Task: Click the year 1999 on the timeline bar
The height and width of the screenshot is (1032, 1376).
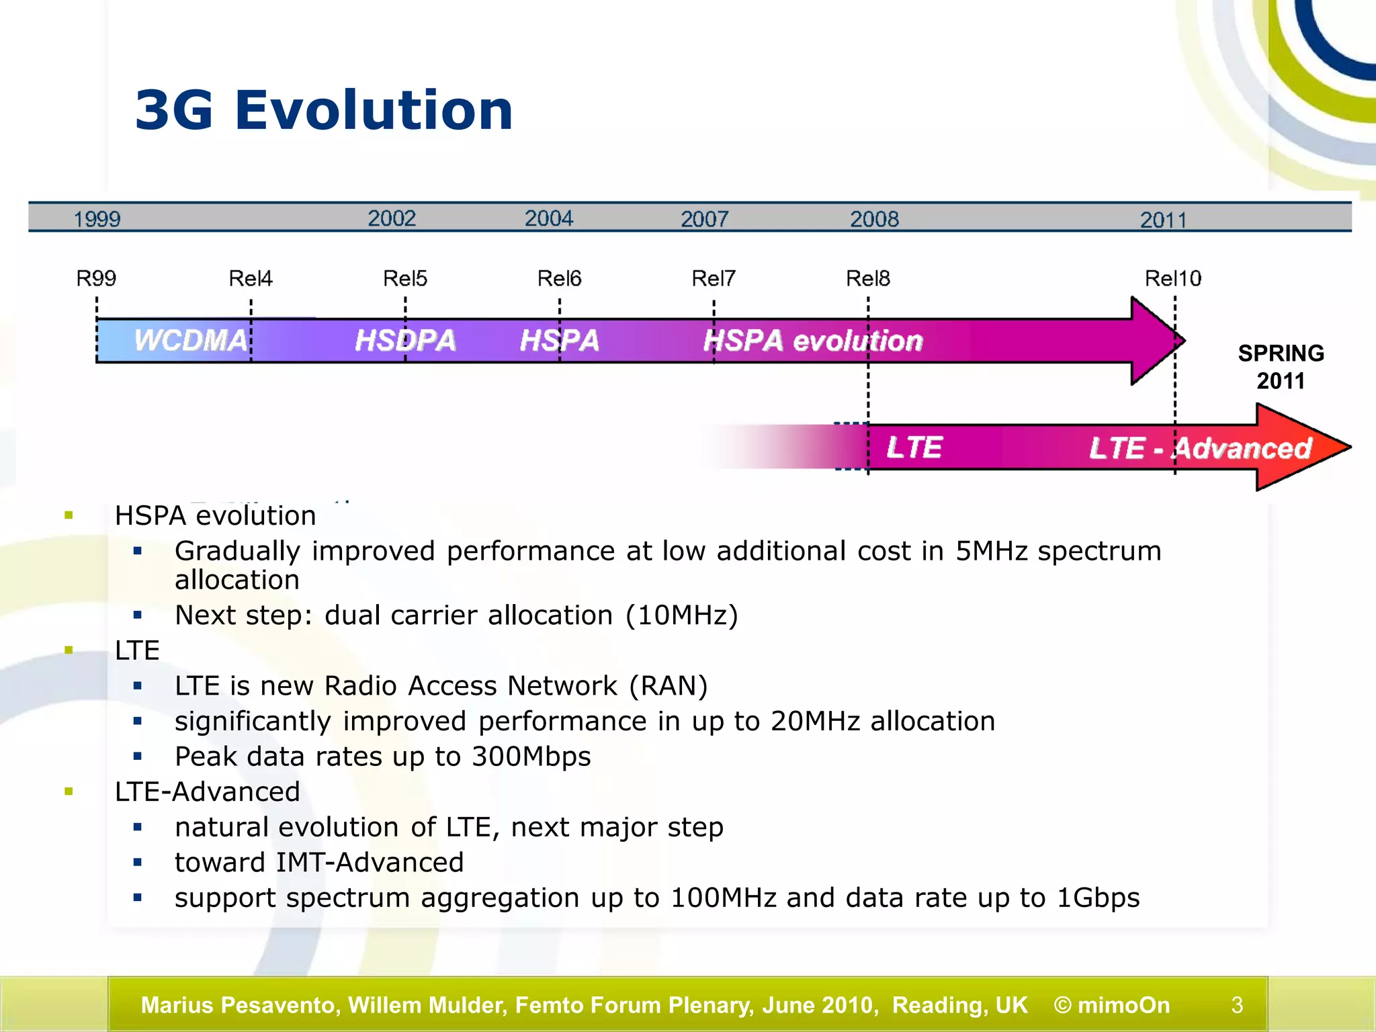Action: click(x=97, y=219)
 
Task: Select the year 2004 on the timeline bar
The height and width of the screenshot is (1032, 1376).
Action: click(x=548, y=218)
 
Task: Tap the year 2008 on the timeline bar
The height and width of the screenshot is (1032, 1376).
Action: click(x=873, y=219)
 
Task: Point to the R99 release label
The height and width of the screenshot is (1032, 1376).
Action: click(x=96, y=278)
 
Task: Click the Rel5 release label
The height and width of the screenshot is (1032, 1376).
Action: click(x=404, y=278)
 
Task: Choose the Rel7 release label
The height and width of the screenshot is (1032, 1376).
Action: click(x=713, y=278)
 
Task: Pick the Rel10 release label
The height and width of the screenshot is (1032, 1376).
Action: click(x=1172, y=278)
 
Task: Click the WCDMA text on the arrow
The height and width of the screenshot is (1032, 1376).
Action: click(x=191, y=341)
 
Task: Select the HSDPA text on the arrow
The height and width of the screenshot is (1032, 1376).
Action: click(x=405, y=341)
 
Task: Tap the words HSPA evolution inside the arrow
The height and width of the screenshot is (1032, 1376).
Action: click(x=813, y=341)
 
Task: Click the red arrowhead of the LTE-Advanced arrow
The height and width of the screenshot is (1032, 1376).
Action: click(x=1297, y=447)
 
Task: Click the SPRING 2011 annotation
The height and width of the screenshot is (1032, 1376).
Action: click(x=1281, y=367)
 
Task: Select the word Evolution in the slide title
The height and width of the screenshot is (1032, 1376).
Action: click(x=374, y=110)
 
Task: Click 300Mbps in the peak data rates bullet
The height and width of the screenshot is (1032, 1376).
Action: click(x=531, y=757)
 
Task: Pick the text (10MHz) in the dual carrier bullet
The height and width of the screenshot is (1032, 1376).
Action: click(x=681, y=615)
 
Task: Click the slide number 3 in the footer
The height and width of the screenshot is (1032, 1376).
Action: click(x=1237, y=1005)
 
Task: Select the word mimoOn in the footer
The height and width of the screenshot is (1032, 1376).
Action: click(x=1123, y=1005)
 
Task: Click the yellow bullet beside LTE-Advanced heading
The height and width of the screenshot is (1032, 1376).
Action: click(x=69, y=791)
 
